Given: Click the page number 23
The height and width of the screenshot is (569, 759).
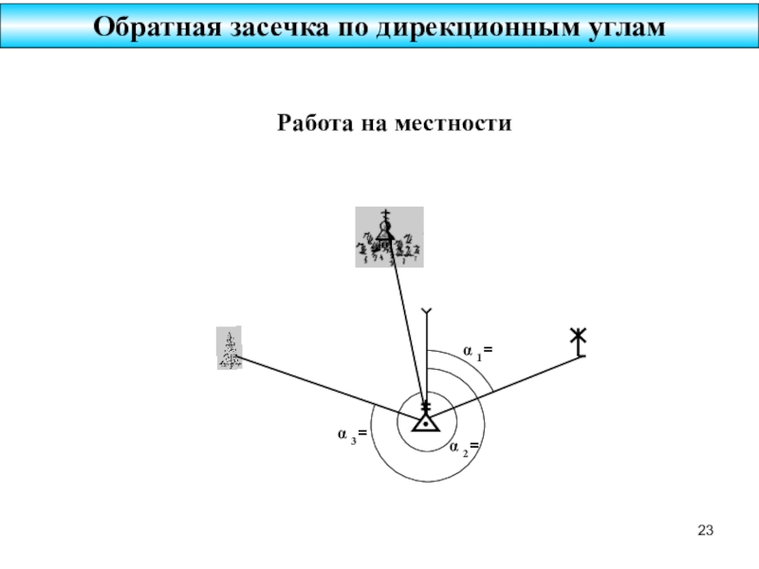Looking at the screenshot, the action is pyautogui.click(x=703, y=529).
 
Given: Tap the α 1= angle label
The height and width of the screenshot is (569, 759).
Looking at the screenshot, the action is pyautogui.click(x=477, y=352).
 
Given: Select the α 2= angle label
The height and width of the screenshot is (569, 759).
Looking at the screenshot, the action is pyautogui.click(x=463, y=446).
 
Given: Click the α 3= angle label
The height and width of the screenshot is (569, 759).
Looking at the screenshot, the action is pyautogui.click(x=353, y=434).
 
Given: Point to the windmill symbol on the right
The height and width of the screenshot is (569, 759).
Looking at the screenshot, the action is pyautogui.click(x=579, y=340).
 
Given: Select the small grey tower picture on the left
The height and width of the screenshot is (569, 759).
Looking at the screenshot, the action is pyautogui.click(x=229, y=348).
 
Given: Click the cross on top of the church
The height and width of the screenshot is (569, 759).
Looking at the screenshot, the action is pyautogui.click(x=385, y=214).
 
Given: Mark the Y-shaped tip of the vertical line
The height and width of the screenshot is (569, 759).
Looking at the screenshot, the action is pyautogui.click(x=428, y=312).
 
